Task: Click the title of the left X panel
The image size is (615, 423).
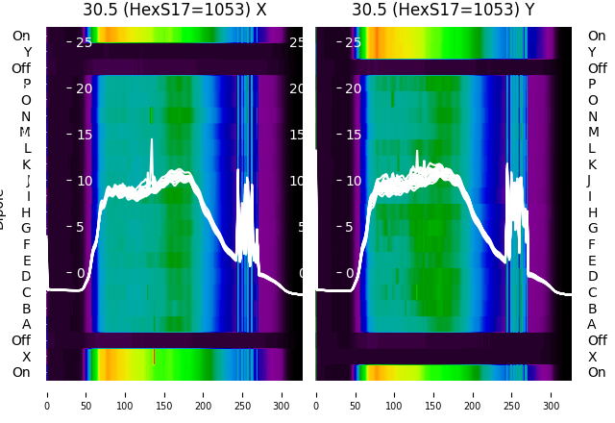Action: click(174, 10)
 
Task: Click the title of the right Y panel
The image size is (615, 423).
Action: click(443, 10)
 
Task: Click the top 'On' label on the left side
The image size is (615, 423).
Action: click(21, 36)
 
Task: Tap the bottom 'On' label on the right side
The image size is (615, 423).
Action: click(597, 372)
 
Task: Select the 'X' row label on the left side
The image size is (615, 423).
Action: click(26, 357)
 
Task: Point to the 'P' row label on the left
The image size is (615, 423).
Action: click(26, 84)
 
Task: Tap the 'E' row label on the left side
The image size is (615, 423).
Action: click(26, 261)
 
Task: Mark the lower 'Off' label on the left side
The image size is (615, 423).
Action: click(21, 340)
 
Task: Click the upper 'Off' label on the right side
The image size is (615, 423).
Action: click(597, 68)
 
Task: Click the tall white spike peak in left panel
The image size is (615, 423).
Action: click(151, 140)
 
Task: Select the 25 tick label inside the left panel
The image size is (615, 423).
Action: click(84, 42)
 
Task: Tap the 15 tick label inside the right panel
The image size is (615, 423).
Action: click(352, 134)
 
